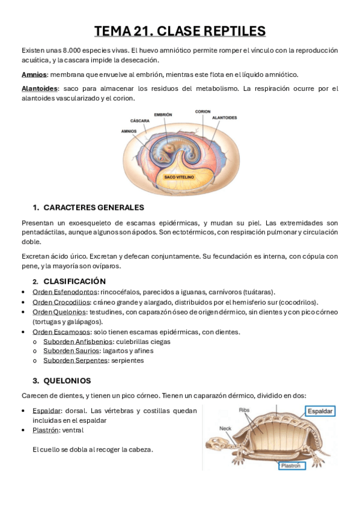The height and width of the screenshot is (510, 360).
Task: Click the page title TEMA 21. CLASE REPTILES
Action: click(180, 31)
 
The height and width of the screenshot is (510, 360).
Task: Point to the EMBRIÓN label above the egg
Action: click(163, 114)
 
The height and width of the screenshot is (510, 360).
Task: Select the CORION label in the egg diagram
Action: click(203, 112)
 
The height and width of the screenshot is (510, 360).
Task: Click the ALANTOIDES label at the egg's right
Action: click(224, 118)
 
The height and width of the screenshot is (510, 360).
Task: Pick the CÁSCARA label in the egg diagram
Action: click(139, 120)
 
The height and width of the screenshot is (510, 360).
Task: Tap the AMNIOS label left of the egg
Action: click(129, 131)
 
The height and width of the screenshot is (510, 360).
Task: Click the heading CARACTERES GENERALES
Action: click(94, 207)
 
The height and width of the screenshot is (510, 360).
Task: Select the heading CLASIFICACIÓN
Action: click(75, 281)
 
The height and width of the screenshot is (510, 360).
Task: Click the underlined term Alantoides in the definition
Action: click(40, 88)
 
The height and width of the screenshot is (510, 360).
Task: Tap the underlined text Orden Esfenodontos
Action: click(64, 292)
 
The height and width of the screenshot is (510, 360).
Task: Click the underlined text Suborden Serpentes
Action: click(75, 360)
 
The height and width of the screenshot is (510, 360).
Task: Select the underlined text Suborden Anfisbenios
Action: click(78, 341)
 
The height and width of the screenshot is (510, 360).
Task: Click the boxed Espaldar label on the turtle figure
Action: click(320, 411)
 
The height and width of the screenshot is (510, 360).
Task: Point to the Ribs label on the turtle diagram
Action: click(244, 410)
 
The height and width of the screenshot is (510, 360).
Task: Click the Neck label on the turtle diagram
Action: click(225, 428)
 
